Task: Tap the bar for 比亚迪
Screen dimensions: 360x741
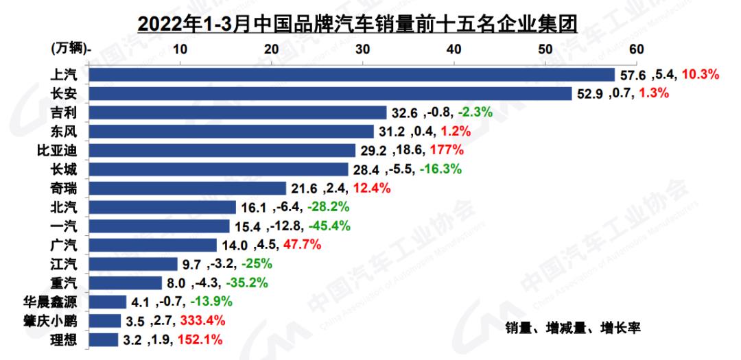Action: click(222, 150)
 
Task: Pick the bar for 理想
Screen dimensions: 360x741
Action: click(104, 339)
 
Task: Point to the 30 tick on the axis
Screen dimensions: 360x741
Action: click(362, 49)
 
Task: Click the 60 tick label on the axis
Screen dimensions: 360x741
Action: click(635, 49)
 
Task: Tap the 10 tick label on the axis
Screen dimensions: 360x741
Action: click(180, 49)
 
